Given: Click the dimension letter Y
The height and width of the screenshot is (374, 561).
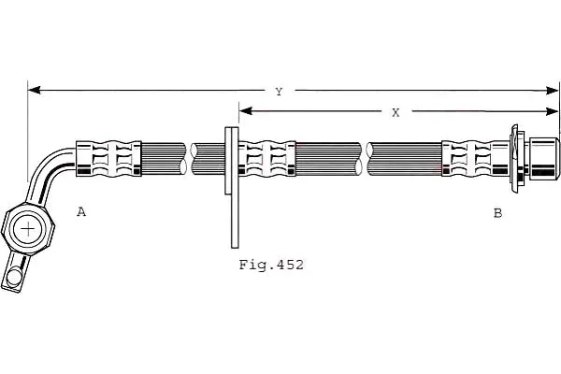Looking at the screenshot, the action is [279, 92].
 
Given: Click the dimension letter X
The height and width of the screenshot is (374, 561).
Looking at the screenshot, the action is [396, 113].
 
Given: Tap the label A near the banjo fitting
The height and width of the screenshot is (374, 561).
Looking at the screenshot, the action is [81, 212].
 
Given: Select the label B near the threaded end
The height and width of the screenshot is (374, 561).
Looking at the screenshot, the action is [497, 213].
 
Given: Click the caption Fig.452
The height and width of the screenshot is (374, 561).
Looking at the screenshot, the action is [271, 265].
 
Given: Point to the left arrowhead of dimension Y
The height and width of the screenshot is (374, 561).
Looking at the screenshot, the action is [34, 90].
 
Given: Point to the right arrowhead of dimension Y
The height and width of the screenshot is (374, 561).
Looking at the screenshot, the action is [553, 91].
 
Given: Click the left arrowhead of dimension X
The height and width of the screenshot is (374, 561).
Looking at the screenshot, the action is [245, 111].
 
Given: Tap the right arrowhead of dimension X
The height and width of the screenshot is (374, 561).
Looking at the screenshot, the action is [553, 111].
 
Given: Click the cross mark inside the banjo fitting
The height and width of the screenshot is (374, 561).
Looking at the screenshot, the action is [27, 229].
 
